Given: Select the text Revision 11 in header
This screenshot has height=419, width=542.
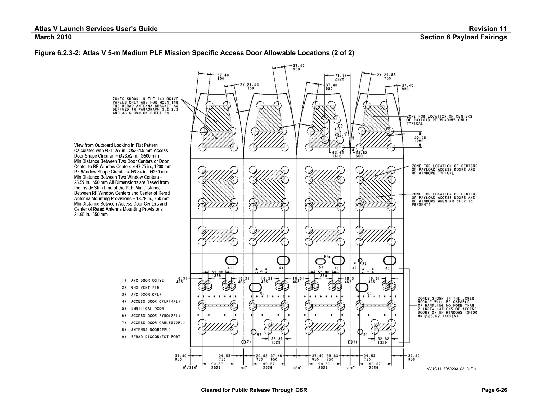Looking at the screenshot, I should click(x=487, y=29).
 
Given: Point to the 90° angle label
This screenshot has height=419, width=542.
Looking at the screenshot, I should click(x=243, y=368).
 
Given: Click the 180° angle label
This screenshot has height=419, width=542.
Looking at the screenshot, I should click(x=297, y=368).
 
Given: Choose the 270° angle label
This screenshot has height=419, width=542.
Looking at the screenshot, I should click(x=350, y=368).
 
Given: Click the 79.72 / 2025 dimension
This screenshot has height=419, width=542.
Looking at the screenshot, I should click(x=340, y=77).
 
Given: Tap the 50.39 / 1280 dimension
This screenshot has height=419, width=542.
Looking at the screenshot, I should click(x=420, y=139).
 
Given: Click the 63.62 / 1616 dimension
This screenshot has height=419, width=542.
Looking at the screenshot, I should click(x=337, y=154).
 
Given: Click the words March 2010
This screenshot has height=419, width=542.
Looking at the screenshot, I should click(x=53, y=37).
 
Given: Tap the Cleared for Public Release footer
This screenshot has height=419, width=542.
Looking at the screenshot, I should click(x=254, y=390).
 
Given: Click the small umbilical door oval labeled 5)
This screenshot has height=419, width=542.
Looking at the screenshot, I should click(x=320, y=261).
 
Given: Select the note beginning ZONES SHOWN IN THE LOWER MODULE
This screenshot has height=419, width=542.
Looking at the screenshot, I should click(x=447, y=307).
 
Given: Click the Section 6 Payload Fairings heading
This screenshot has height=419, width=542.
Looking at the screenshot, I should click(x=463, y=37).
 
